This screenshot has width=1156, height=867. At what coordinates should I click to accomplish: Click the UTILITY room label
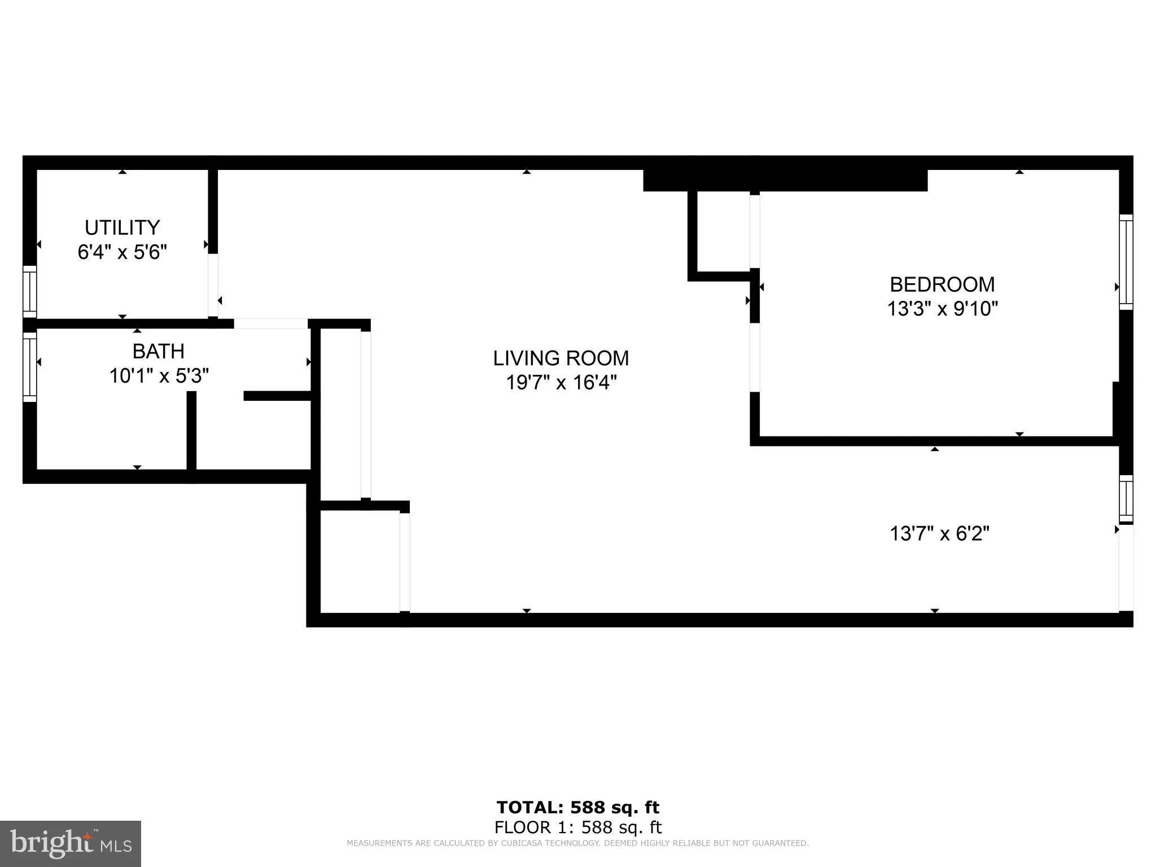pos(122,227)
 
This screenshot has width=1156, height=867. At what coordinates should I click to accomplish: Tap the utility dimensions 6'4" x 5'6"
pos(122,252)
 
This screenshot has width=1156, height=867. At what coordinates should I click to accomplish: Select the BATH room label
pos(158,351)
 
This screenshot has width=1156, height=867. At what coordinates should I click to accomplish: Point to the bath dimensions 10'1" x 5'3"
pos(159,375)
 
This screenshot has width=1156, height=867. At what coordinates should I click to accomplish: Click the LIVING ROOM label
pos(561,358)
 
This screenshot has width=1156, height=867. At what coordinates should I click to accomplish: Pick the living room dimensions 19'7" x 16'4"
pos(561,383)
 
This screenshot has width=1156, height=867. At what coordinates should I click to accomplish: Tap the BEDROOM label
pos(942,284)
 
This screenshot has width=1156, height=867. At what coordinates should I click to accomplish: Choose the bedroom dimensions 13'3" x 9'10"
pos(942,309)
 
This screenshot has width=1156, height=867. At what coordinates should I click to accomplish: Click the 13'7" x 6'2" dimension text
pos(939,533)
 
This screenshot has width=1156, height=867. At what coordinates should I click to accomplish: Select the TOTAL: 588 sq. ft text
pos(577,807)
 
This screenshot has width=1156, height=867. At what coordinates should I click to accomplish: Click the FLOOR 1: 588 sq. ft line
pos(577,827)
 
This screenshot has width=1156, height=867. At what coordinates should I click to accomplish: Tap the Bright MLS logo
pos(71,843)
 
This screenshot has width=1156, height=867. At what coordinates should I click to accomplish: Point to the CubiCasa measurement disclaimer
pos(577,843)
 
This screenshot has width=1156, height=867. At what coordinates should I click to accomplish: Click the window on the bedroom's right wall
pos(1126,262)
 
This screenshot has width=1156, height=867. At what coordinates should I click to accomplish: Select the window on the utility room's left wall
pos(29,292)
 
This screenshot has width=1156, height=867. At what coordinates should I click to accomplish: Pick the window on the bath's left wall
pos(29,367)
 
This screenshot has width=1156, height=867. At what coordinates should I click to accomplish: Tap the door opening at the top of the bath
pos(270,324)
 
